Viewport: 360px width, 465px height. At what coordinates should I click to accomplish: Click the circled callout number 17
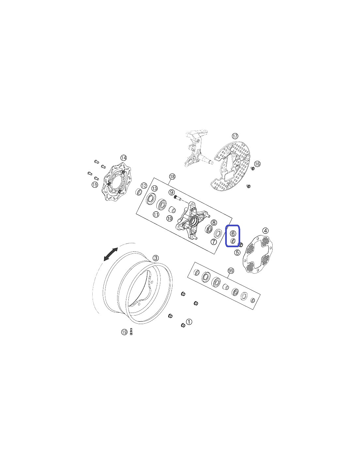[235, 136]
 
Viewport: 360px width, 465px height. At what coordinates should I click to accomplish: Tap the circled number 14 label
[124, 158]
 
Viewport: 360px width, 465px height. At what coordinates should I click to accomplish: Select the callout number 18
[172, 177]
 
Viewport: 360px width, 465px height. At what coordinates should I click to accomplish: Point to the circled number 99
[231, 271]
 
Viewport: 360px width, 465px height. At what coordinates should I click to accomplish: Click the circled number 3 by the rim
[155, 258]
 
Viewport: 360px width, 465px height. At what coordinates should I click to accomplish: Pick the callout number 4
[265, 231]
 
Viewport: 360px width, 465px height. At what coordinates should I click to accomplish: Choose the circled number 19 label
[124, 332]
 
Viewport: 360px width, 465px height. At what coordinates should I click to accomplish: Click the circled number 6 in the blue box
[233, 233]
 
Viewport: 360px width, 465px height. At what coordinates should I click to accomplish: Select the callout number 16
[257, 164]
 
